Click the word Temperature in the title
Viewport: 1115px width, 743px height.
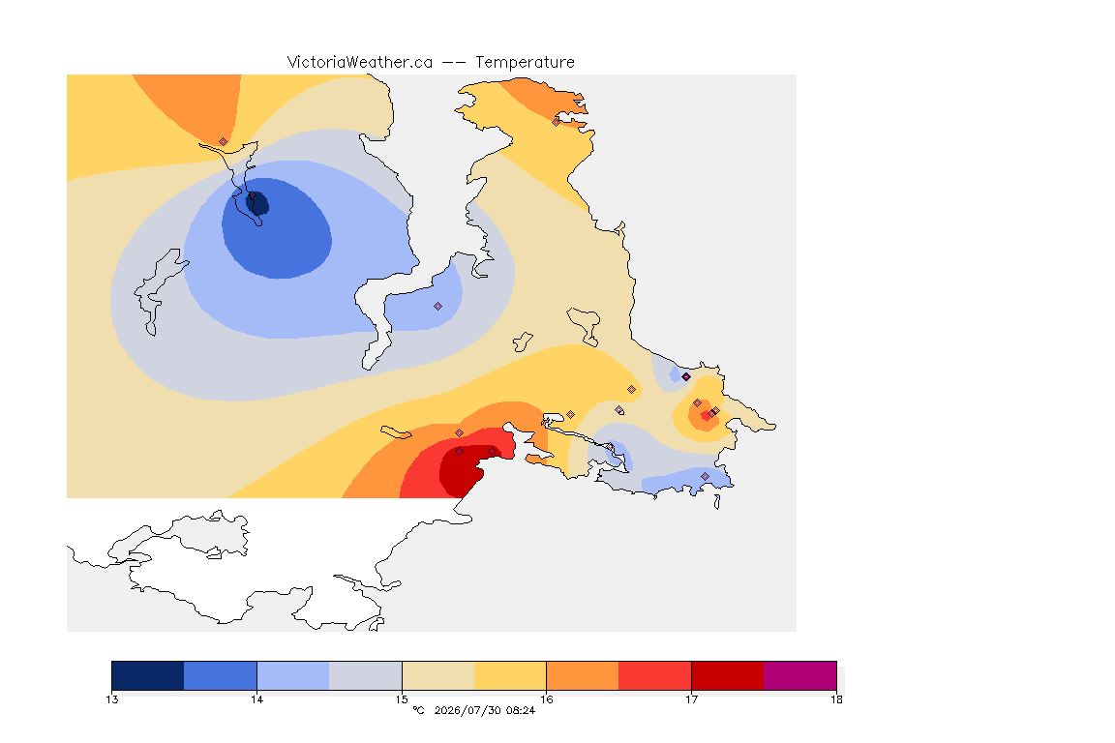click(x=525, y=63)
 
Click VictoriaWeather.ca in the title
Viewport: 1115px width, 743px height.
click(x=360, y=63)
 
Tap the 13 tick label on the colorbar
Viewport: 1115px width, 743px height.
click(x=112, y=699)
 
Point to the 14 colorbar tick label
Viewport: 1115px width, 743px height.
click(x=256, y=699)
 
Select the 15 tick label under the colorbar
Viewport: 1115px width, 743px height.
click(x=402, y=699)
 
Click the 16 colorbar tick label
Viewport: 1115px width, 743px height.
click(x=546, y=699)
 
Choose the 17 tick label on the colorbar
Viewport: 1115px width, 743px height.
click(x=691, y=699)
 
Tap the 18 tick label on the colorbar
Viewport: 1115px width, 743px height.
click(x=836, y=699)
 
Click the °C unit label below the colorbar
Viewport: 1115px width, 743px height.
click(x=418, y=710)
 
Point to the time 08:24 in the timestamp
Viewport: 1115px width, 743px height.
click(x=521, y=710)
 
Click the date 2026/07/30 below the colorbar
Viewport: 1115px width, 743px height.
click(x=467, y=710)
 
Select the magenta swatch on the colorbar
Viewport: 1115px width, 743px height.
click(x=800, y=675)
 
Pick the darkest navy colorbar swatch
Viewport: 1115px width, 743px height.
click(x=148, y=675)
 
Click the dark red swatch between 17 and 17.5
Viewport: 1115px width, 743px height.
click(x=728, y=675)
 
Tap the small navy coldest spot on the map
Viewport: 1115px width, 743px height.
click(x=257, y=203)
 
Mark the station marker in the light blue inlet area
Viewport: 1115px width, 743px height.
click(x=438, y=307)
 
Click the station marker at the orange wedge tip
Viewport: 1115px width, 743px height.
click(x=224, y=142)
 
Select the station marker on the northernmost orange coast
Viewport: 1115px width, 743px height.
click(x=557, y=122)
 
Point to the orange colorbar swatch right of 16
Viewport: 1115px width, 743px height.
click(x=583, y=675)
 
